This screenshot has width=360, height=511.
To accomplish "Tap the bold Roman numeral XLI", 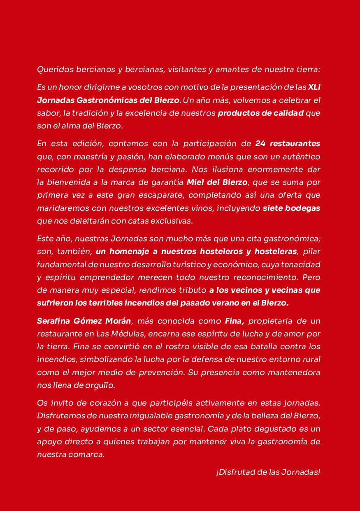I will coord(314,87).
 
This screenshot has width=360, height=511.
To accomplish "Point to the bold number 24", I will coord(261,144).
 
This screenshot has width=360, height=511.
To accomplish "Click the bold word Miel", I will coord(196,182).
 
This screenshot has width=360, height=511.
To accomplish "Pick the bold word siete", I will coord(273,208).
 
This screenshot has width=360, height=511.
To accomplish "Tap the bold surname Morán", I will coord(119,320).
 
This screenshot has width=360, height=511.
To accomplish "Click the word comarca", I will coord(87,455).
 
